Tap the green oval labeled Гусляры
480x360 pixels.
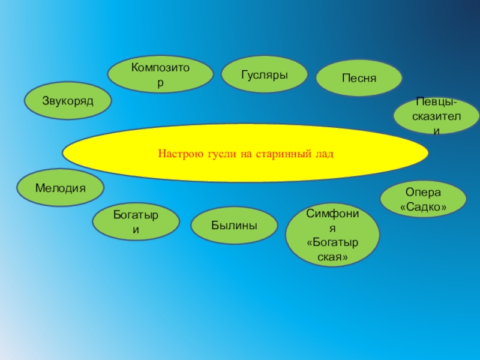(265, 75)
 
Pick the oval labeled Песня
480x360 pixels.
(359, 79)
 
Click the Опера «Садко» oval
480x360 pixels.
(423, 199)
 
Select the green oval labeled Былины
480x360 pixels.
(234, 226)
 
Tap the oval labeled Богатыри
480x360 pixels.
(136, 221)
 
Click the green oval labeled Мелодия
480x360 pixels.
(60, 188)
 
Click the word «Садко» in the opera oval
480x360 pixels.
(424, 206)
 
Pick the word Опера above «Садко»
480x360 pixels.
(423, 193)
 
